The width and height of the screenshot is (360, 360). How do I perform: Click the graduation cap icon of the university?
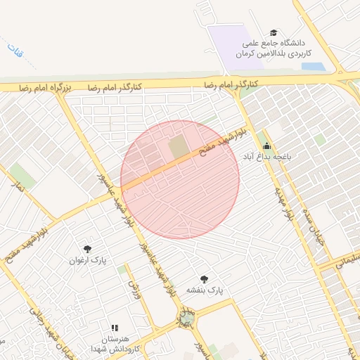pyautogui.click(x=274, y=32)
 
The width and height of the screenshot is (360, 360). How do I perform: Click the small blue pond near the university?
pyautogui.click(x=313, y=67)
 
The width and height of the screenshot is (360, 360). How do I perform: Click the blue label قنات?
pyautogui.click(x=13, y=51)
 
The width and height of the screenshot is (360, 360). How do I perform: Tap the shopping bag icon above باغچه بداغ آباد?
pyautogui.click(x=266, y=146)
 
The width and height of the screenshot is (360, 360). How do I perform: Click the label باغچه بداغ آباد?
pyautogui.click(x=262, y=156)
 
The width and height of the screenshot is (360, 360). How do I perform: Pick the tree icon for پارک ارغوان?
pyautogui.click(x=88, y=249)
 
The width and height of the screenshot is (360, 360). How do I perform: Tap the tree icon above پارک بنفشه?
pyautogui.click(x=204, y=279)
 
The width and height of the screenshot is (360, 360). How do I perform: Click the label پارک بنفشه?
pyautogui.click(x=204, y=290)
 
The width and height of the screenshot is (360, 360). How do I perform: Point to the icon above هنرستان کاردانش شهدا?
pyautogui.click(x=114, y=328)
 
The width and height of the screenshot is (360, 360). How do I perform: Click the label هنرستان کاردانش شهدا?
pyautogui.click(x=113, y=343)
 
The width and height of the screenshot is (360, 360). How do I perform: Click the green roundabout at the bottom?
pyautogui.click(x=186, y=320)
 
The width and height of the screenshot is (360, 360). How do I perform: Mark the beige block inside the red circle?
pyautogui.click(x=179, y=147)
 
